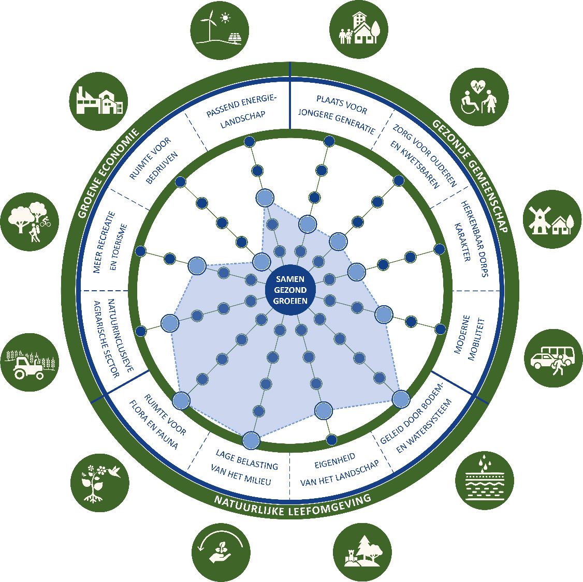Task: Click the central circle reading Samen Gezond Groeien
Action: click(290, 290)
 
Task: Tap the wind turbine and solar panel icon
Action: click(220, 28)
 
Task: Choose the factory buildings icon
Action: click(98, 101)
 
